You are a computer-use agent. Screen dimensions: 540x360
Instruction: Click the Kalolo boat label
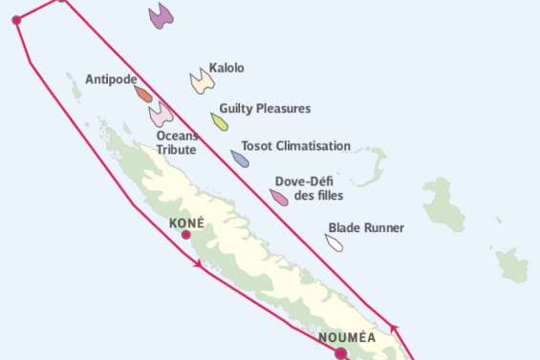point(227,69)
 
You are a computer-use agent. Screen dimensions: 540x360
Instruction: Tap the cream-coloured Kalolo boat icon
point(201,81)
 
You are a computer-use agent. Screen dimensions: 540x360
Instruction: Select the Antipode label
point(110,79)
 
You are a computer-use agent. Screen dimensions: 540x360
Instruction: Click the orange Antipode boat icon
point(143,94)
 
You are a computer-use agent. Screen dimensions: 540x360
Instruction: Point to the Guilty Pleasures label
point(265,109)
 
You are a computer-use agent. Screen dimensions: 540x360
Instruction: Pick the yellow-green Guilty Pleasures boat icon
point(220,121)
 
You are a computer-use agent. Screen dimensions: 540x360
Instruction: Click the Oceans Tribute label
point(177,142)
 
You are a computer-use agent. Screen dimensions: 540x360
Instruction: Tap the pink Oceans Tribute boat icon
point(160,115)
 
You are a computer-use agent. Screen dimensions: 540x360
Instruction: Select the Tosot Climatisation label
point(295,146)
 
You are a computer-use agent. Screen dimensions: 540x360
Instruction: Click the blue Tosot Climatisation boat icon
point(240,158)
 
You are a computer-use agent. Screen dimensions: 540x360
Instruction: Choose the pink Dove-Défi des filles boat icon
point(279,197)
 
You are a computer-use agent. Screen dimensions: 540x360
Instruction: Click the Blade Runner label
point(365,228)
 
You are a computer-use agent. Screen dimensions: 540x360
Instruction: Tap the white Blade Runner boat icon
point(334,242)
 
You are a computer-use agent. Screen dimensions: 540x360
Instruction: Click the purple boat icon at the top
point(161,15)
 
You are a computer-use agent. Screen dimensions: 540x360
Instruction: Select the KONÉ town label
point(186,222)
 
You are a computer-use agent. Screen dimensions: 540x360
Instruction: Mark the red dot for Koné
point(186,235)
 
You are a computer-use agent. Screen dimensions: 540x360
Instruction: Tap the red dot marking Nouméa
point(340,353)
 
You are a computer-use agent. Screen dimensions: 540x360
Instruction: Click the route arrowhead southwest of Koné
point(198,264)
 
